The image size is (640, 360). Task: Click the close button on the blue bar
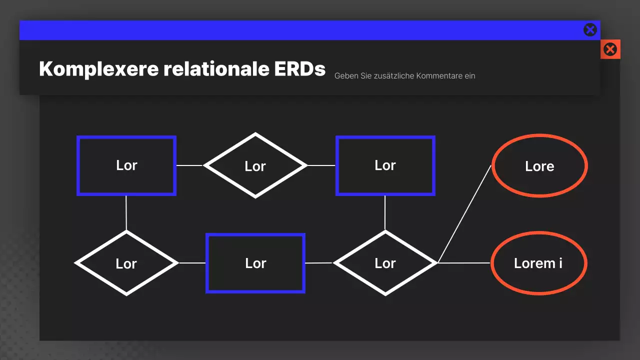tap(590, 30)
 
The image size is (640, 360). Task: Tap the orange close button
tap(610, 49)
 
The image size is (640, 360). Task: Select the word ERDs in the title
tap(300, 69)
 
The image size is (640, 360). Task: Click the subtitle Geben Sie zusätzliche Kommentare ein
tap(404, 76)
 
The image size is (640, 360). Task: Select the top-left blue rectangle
tap(126, 165)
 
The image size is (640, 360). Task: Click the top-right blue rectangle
tap(385, 165)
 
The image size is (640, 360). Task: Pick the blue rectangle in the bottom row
tap(255, 263)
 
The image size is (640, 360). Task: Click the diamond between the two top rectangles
tap(255, 165)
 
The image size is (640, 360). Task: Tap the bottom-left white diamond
tap(126, 263)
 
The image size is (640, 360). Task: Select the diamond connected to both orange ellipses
tap(385, 263)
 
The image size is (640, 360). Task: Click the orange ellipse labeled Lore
tap(539, 166)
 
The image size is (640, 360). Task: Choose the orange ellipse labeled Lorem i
tap(538, 263)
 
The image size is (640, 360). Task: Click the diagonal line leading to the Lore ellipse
tap(465, 213)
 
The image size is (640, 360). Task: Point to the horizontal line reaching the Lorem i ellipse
tap(464, 262)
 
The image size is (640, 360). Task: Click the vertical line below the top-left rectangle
tap(126, 213)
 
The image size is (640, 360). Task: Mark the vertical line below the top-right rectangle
tap(385, 213)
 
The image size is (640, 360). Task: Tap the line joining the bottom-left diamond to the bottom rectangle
tap(192, 262)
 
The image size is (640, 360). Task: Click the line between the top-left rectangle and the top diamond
tap(189, 165)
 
